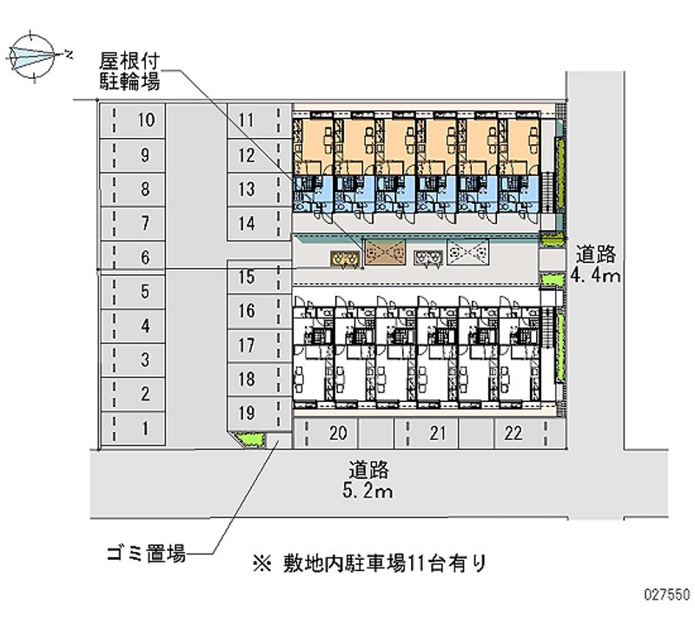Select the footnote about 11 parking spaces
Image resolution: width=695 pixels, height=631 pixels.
[x=370, y=562]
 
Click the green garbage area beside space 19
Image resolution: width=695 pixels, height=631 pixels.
[x=251, y=440]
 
